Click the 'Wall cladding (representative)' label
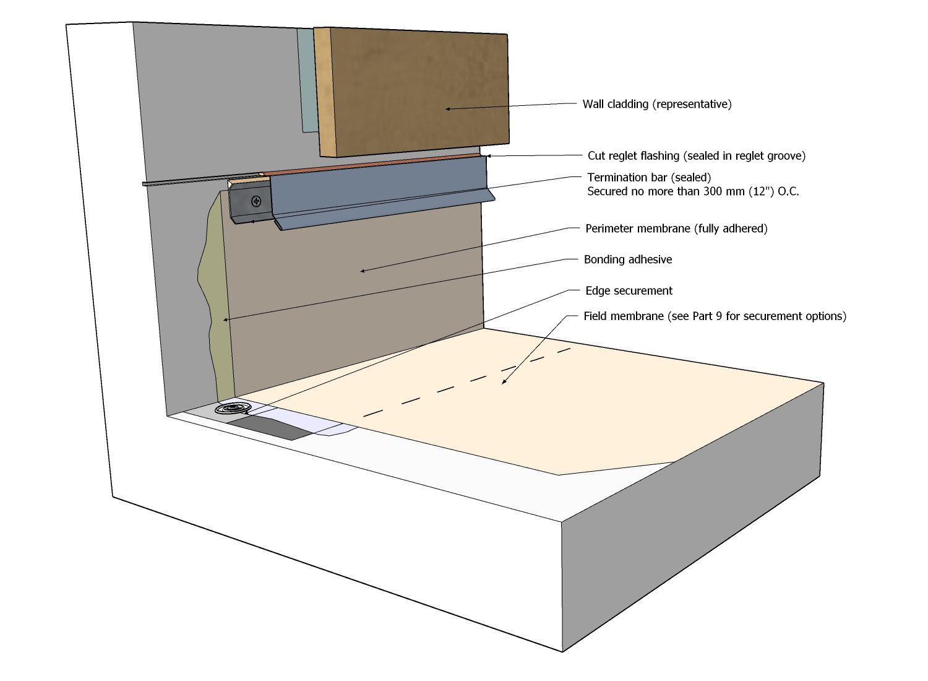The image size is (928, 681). (x=656, y=104)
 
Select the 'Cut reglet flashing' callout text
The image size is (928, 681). (x=696, y=156)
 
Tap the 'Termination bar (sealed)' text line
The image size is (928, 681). (x=649, y=178)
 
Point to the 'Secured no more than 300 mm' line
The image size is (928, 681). (x=692, y=192)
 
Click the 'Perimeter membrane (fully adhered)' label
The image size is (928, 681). (x=676, y=228)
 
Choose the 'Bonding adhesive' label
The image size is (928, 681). (x=628, y=259)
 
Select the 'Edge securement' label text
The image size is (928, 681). (x=629, y=291)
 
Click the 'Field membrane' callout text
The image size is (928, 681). (x=715, y=316)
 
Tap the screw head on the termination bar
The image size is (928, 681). (x=256, y=201)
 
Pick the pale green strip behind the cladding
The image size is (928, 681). (x=307, y=80)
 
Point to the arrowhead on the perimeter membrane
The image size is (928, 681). (x=363, y=271)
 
